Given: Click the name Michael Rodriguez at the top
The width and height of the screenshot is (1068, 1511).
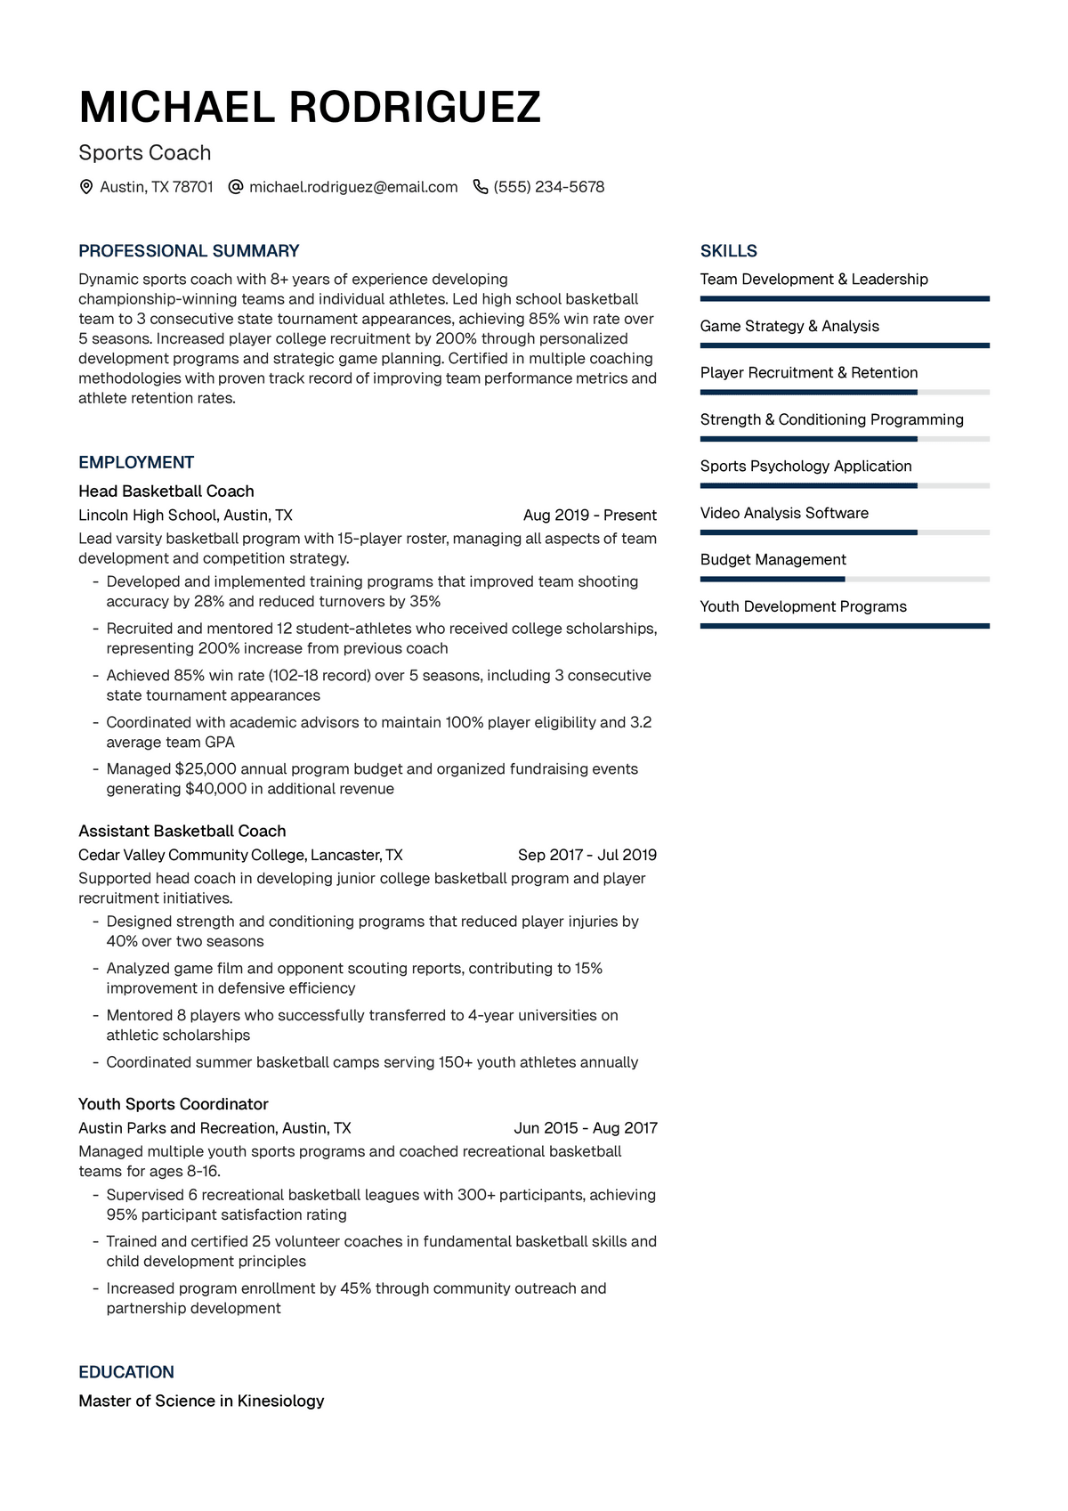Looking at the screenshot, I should point(310,108).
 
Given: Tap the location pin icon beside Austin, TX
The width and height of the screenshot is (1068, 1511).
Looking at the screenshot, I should point(86,187).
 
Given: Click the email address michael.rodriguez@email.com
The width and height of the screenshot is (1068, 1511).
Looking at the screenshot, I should point(353,187).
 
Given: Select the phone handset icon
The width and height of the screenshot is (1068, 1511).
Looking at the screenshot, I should point(481,187).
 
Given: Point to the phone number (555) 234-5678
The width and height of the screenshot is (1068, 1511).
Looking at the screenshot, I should point(548,187).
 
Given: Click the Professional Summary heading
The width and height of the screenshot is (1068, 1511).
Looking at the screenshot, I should point(189,251).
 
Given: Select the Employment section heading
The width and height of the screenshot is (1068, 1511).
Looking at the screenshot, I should point(136,462).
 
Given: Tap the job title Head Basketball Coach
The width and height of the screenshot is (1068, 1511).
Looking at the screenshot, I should point(166,491).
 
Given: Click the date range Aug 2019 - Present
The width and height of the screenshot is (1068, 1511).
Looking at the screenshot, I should point(589,516).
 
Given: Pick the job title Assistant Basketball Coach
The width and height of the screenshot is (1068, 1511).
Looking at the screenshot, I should point(182,831).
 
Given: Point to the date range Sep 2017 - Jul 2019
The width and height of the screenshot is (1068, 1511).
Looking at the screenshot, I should point(587,855).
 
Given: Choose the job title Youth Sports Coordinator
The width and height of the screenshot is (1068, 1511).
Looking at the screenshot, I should point(174,1104).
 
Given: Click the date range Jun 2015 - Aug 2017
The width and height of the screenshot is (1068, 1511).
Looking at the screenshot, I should point(585,1128).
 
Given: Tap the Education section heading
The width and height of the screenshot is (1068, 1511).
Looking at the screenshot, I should point(126,1372).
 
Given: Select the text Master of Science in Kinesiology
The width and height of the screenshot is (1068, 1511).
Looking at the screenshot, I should point(201,1401).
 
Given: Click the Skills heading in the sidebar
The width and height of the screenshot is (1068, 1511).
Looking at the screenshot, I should point(728,251).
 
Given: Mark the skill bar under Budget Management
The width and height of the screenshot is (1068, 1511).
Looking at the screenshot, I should point(845,580).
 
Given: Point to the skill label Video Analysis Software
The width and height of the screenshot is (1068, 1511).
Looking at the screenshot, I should point(784,513).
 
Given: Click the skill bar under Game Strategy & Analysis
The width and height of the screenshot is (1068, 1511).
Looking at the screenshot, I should point(845,345).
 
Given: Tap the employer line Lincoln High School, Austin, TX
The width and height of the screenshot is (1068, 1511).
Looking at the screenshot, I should point(185,516).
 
